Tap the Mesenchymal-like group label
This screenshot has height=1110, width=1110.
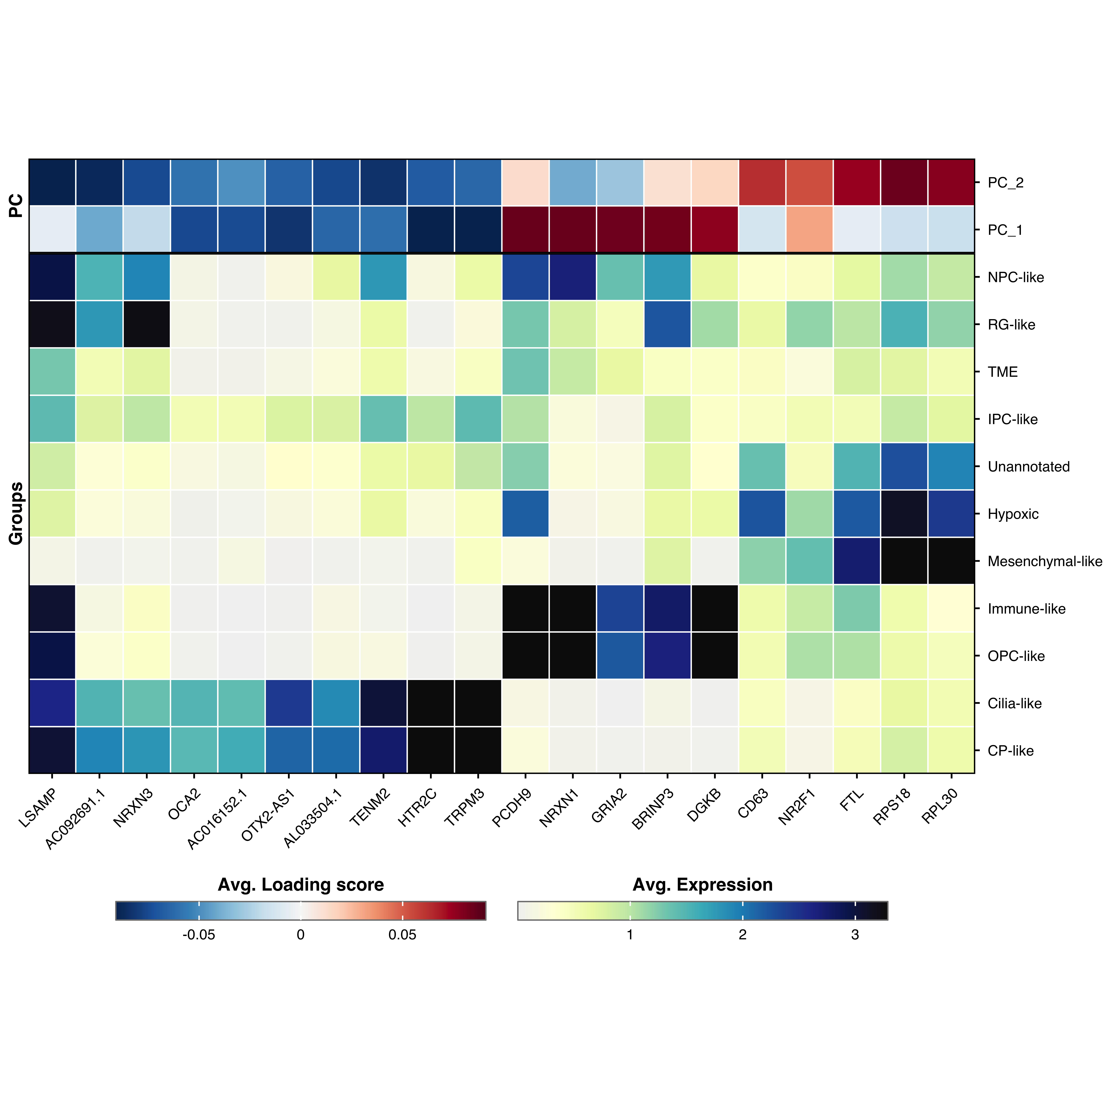point(1044,561)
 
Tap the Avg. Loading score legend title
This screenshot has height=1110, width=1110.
point(300,885)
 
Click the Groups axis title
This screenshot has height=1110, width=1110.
point(16,513)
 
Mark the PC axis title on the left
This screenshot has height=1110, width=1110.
point(16,206)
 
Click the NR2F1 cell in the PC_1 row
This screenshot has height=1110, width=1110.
point(809,229)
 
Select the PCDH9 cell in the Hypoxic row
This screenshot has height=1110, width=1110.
point(525,513)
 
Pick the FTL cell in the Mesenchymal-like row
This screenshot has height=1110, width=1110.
point(857,561)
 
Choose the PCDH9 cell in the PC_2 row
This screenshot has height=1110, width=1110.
point(525,182)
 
